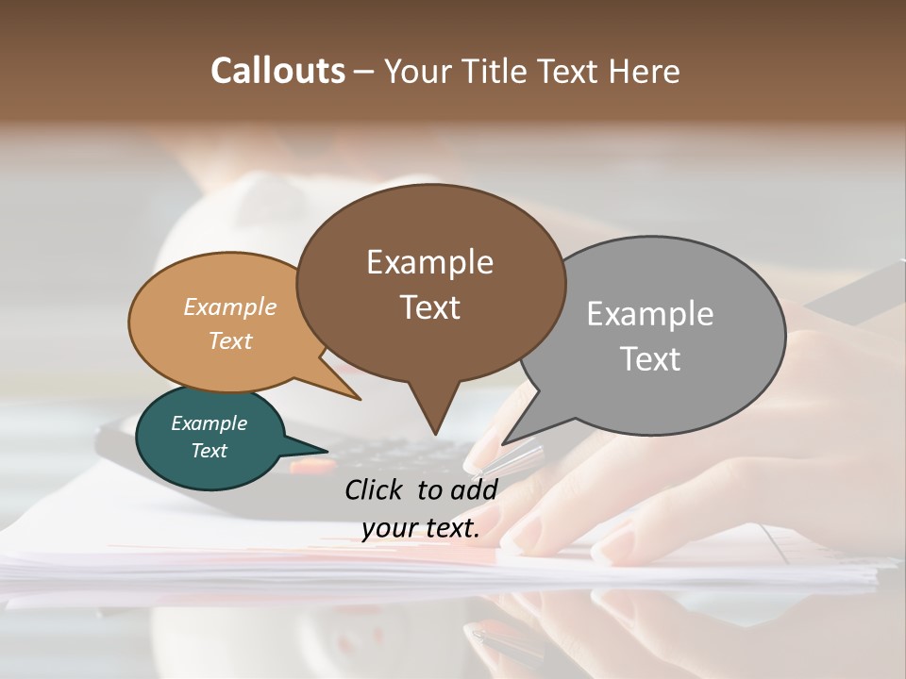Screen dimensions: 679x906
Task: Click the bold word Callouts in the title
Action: [x=277, y=71]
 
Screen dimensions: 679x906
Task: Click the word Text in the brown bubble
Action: [x=429, y=306]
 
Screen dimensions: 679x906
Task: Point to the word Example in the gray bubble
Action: [x=649, y=314]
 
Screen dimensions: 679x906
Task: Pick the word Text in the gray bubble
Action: [x=649, y=358]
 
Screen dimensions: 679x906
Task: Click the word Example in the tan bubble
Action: [x=230, y=306]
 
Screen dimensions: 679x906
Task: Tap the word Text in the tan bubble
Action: [x=230, y=340]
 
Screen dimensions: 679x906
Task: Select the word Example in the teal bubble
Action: [x=209, y=423]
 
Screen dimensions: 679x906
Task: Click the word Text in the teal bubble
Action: [x=209, y=451]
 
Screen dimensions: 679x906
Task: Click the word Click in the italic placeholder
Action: [x=375, y=489]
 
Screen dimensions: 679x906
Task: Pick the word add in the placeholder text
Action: [x=474, y=489]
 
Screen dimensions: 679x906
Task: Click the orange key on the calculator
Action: [x=311, y=465]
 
